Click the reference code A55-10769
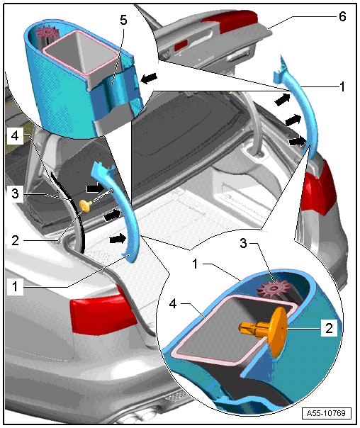tap(326, 413)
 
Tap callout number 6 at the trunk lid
tap(342, 16)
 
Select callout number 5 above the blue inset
tap(123, 20)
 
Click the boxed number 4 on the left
tap(15, 135)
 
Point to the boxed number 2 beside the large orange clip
tap(329, 328)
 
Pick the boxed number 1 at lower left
tap(15, 287)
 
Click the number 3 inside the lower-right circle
tap(243, 243)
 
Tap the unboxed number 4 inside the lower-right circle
tap(173, 303)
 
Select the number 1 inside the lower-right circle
tap(195, 264)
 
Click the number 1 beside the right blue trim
tap(342, 86)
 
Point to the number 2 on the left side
tap(16, 240)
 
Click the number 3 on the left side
tap(16, 193)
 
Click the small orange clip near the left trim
tap(86, 205)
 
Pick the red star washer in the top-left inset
tap(48, 32)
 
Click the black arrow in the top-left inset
tap(149, 79)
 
